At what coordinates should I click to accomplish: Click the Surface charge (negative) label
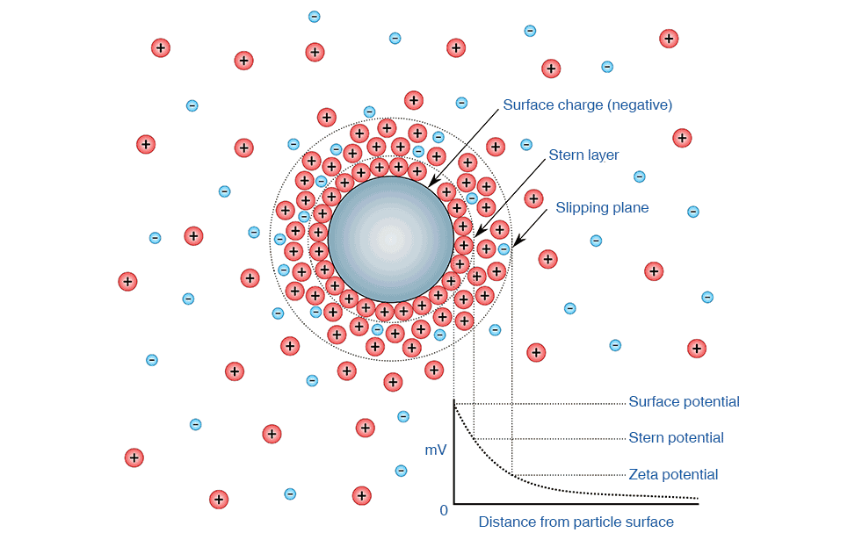(587, 104)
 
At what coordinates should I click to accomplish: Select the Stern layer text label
(583, 155)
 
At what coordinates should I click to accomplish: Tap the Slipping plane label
(602, 207)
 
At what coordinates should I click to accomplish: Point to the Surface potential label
(684, 401)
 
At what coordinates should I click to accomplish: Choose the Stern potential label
(676, 437)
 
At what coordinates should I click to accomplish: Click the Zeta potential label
(673, 475)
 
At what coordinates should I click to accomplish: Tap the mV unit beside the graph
(436, 450)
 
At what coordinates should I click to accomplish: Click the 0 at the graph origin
(444, 510)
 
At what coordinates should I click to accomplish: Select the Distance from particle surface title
(576, 522)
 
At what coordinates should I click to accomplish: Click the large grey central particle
(390, 239)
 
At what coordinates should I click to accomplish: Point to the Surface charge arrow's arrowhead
(431, 183)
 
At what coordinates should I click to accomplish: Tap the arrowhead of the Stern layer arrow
(479, 232)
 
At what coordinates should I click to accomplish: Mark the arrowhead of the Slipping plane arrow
(517, 241)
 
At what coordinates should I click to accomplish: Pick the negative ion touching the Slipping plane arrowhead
(504, 249)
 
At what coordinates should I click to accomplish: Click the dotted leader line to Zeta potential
(569, 475)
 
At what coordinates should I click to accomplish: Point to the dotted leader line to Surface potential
(540, 404)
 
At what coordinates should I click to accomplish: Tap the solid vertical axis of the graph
(454, 451)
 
